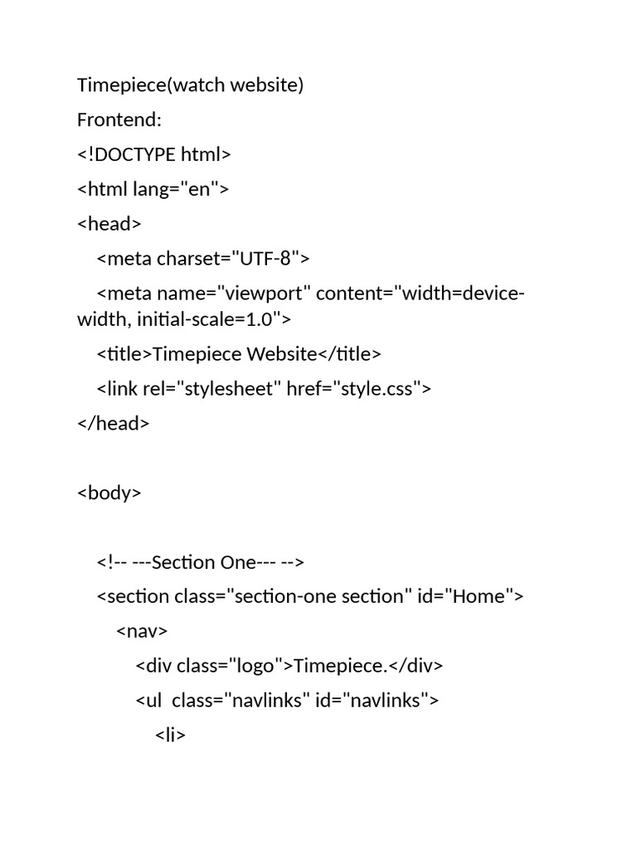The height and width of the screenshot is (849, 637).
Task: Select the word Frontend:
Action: pyautogui.click(x=119, y=119)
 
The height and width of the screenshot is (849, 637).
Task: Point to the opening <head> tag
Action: pyautogui.click(x=109, y=224)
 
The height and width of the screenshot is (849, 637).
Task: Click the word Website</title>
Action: pyautogui.click(x=314, y=354)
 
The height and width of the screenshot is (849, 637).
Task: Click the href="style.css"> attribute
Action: pyautogui.click(x=359, y=388)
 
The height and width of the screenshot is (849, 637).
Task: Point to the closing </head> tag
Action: pyautogui.click(x=113, y=423)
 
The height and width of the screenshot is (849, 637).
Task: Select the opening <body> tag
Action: pyautogui.click(x=109, y=492)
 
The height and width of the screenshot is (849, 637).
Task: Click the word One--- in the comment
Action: pyautogui.click(x=236, y=562)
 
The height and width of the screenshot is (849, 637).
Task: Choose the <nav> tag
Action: pyautogui.click(x=142, y=631)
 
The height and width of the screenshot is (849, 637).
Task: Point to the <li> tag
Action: pyautogui.click(x=171, y=735)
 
